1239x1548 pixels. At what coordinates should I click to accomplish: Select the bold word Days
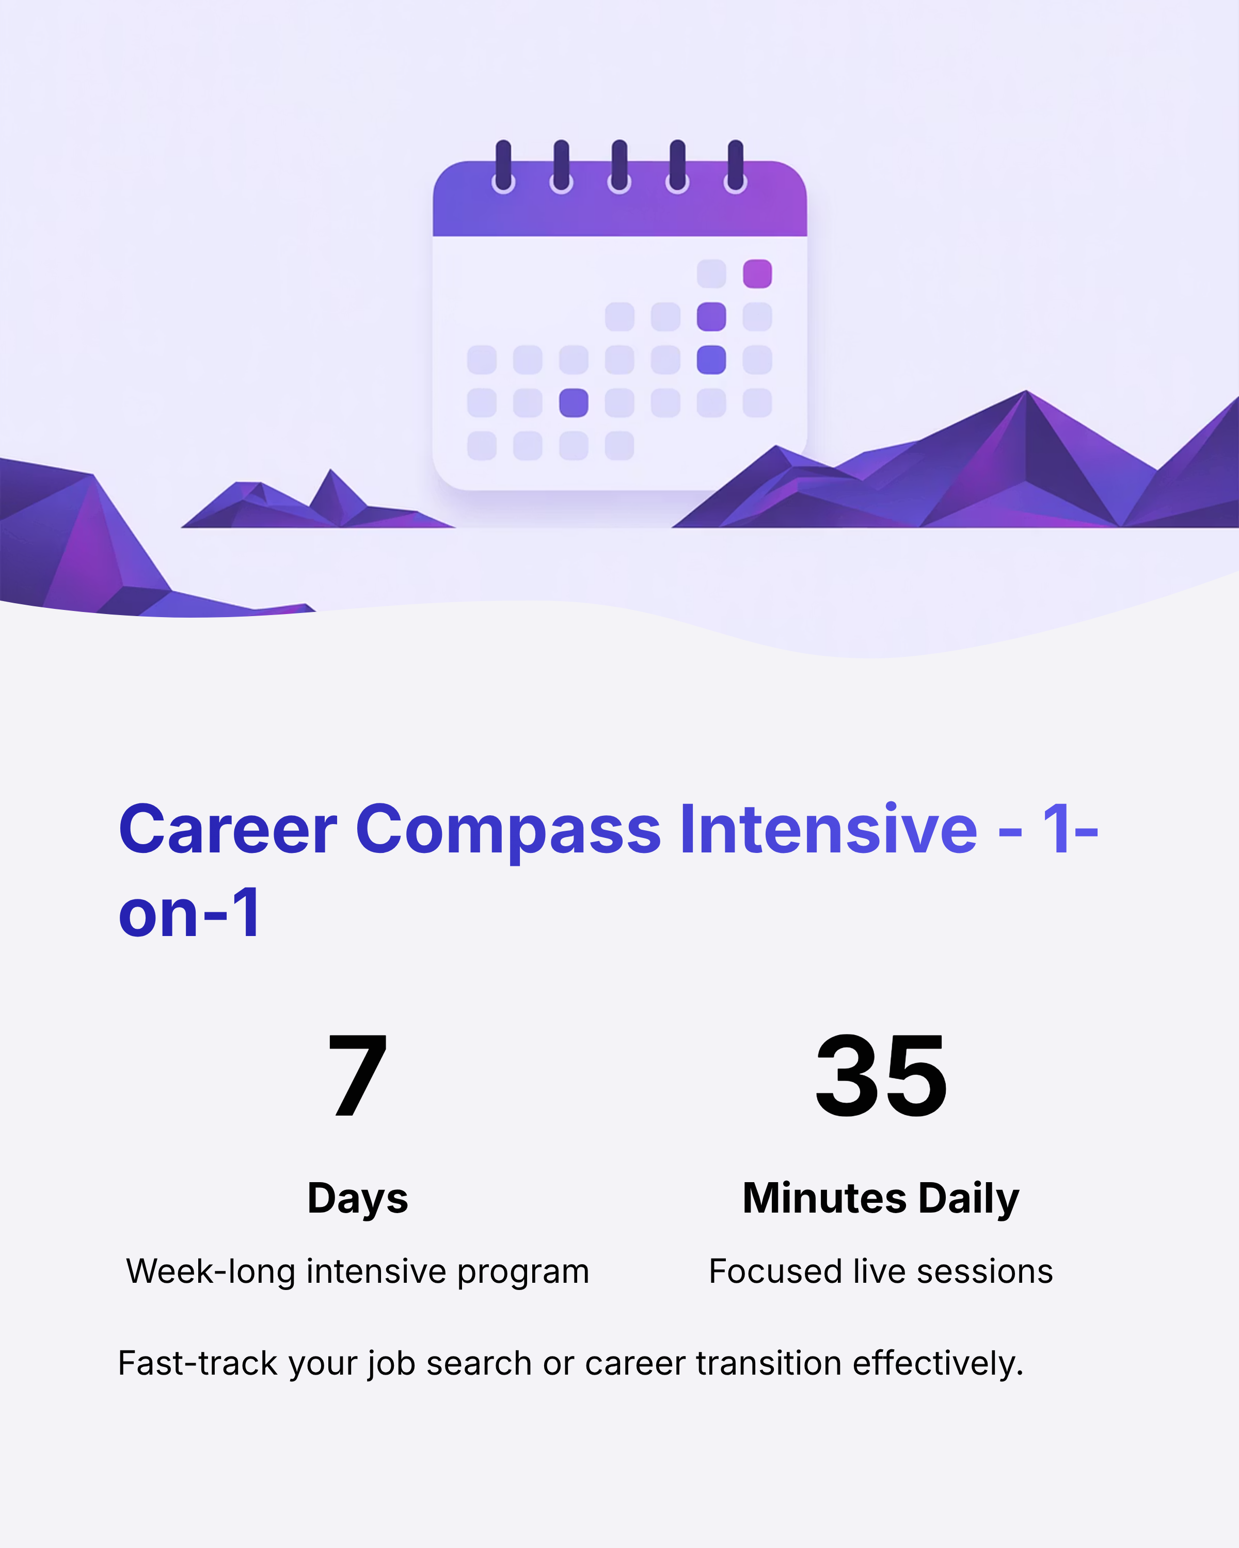[x=358, y=1198]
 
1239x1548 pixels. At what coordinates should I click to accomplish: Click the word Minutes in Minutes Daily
[x=824, y=1198]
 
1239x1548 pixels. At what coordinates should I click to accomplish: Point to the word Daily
[x=969, y=1198]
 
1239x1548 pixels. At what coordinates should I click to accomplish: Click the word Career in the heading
[x=228, y=830]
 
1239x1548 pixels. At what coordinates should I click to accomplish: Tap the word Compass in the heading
[x=508, y=830]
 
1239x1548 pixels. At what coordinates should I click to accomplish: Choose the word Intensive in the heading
[x=828, y=830]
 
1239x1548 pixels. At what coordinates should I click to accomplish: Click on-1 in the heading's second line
[x=189, y=913]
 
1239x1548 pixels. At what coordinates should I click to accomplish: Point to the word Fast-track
[x=198, y=1363]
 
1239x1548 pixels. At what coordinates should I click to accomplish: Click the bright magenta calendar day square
[x=757, y=273]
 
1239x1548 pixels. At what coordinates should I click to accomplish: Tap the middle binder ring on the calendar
[x=619, y=168]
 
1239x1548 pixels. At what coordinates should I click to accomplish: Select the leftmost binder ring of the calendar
[x=503, y=168]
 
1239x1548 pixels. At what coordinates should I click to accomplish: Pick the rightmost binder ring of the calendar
[x=735, y=168]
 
